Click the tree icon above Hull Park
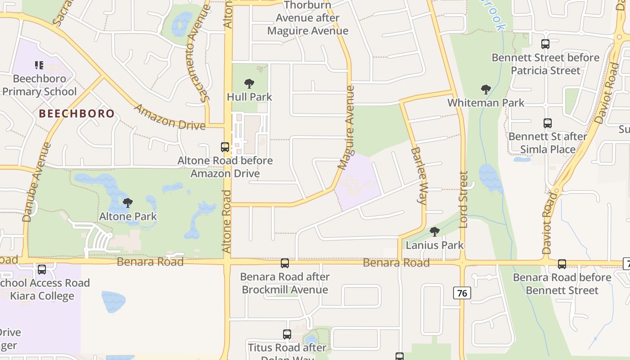(249, 84)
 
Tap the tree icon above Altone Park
(128, 203)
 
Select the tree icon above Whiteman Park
(486, 90)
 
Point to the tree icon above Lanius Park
(434, 232)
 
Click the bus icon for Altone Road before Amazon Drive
(225, 147)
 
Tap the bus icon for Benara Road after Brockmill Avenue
(285, 263)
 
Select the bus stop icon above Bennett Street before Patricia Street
(545, 44)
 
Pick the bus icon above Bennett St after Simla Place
(547, 123)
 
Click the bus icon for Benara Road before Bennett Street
(562, 264)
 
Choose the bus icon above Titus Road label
(287, 334)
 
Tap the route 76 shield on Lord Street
(462, 293)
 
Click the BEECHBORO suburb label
(77, 113)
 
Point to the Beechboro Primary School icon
(39, 66)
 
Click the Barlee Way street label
(418, 175)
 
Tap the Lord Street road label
(463, 199)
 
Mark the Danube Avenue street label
(34, 182)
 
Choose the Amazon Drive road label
(170, 117)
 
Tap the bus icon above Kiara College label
(42, 270)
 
